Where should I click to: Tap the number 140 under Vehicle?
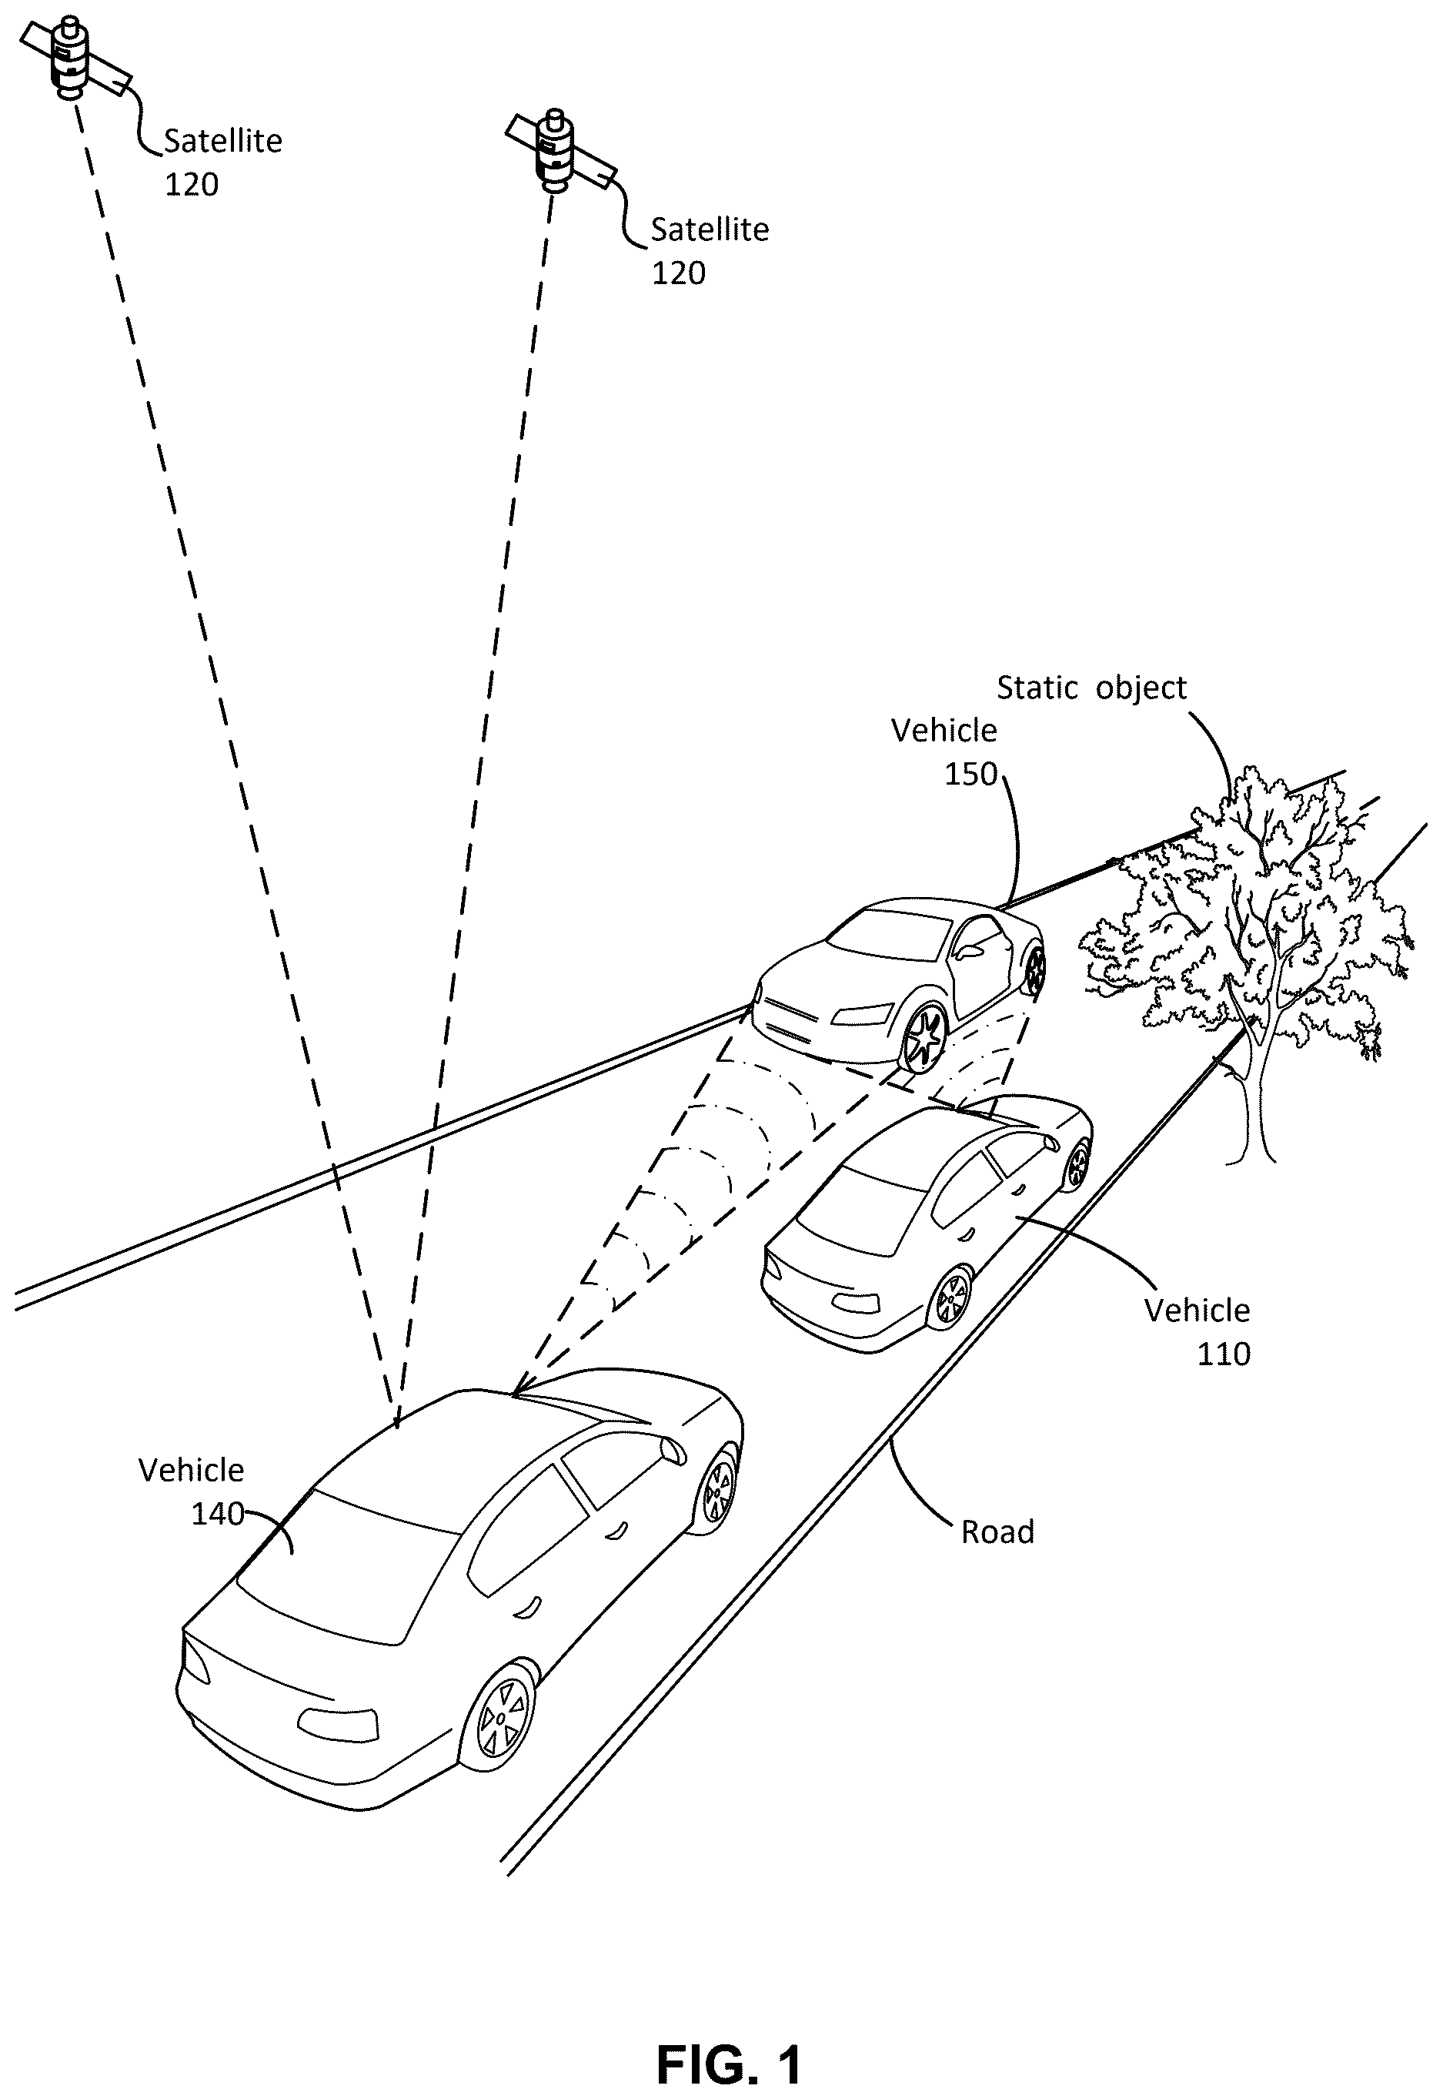click(x=217, y=1513)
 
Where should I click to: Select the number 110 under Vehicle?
click(x=1224, y=1354)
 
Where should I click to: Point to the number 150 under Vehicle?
click(x=970, y=773)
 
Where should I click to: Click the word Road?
click(x=997, y=1532)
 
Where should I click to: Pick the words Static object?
click(x=1091, y=688)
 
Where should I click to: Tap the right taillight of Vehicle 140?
click(x=337, y=1725)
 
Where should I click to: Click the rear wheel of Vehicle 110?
click(x=950, y=1297)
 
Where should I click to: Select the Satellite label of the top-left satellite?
click(x=222, y=141)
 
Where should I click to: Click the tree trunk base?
click(x=1253, y=1153)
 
